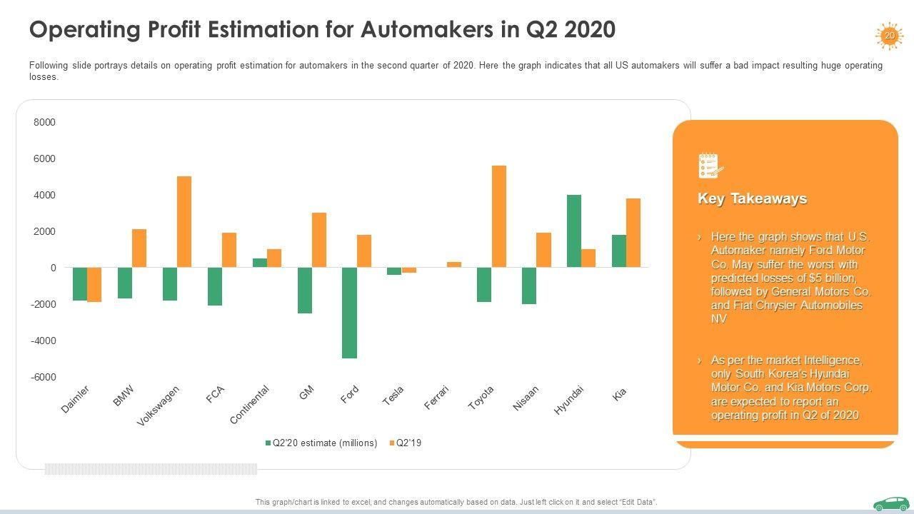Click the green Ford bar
(349, 313)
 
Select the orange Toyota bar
(498, 216)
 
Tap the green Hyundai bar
(574, 231)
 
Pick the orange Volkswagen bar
(184, 221)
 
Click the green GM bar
(305, 290)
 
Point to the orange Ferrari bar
(454, 264)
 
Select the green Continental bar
(260, 263)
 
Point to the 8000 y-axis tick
(44, 123)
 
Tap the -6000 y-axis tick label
(43, 377)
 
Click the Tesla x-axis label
(393, 395)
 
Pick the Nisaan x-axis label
(526, 398)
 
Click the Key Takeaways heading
(752, 199)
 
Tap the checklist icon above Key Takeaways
(710, 166)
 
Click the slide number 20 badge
(889, 36)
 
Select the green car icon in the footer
(890, 503)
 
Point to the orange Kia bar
(633, 233)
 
